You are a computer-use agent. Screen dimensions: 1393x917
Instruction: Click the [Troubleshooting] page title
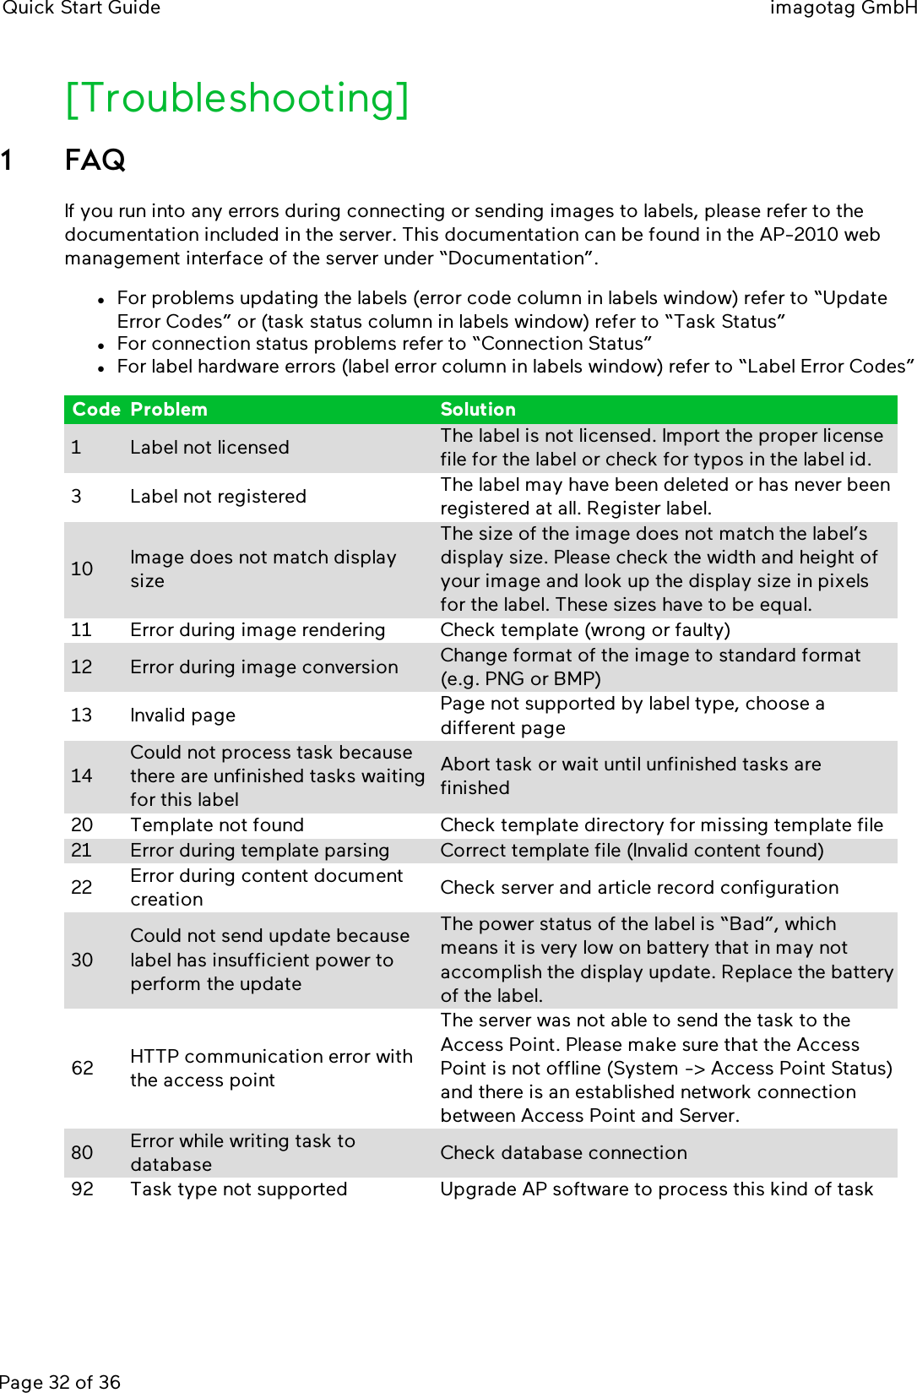237,99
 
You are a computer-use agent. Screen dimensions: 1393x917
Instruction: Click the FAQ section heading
95,160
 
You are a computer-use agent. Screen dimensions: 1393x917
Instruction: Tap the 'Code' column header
96,410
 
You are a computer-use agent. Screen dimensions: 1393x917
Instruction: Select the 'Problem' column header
169,410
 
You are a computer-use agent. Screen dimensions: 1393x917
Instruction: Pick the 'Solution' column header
478,410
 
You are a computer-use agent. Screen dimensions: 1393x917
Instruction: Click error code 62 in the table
83,1069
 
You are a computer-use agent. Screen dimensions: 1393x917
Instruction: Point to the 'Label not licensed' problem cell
209,448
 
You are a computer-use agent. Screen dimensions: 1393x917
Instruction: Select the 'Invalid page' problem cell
182,716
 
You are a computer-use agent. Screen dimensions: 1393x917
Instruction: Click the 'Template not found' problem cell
217,825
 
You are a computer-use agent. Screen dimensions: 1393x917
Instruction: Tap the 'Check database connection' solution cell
563,1153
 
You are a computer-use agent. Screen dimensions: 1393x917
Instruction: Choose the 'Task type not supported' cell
238,1189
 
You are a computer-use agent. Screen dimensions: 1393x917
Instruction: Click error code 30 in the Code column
82,960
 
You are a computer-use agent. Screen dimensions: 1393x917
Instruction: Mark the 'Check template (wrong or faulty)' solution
585,630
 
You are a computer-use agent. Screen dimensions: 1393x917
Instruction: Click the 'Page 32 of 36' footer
60,1382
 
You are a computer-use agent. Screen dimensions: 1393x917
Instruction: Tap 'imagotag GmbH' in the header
842,8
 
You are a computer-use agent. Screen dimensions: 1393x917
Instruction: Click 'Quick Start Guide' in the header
81,8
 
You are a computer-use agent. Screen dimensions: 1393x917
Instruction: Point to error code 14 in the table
82,776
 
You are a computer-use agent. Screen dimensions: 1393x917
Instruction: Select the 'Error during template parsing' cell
259,851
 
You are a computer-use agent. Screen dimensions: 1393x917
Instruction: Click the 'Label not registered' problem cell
218,497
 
